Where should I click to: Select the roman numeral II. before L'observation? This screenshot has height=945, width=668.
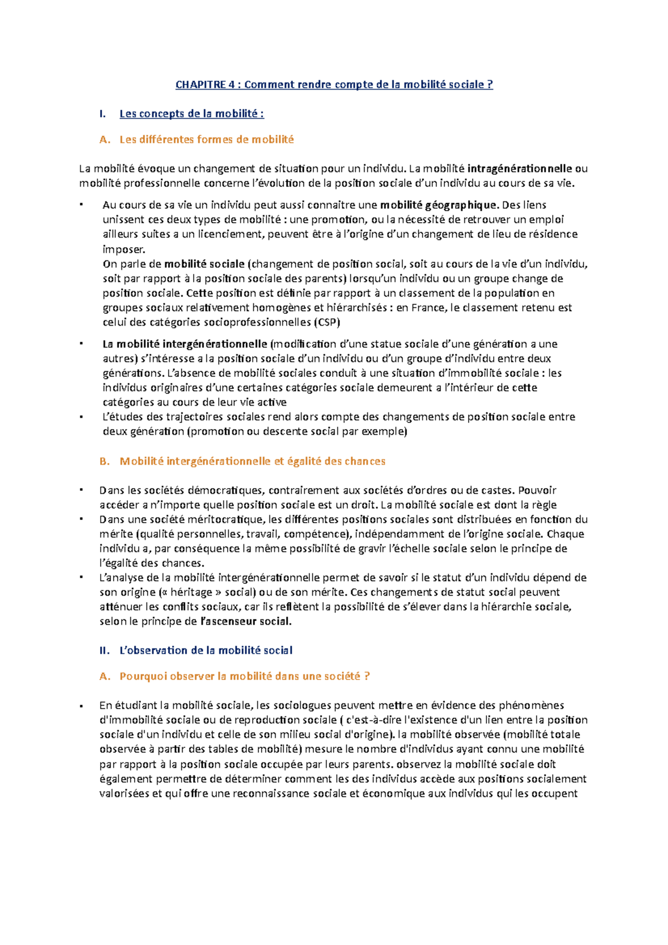tap(104, 650)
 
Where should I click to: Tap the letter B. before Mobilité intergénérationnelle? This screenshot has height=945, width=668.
tap(104, 461)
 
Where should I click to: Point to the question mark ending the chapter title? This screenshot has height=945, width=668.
tap(490, 85)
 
